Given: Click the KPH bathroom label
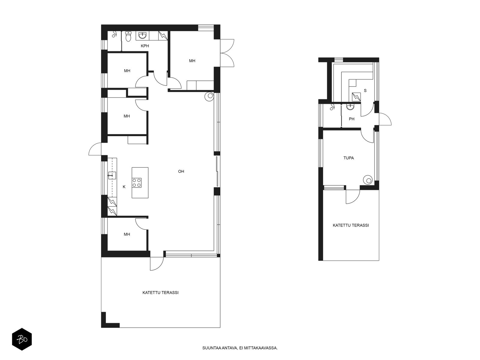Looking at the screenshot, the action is [145, 46].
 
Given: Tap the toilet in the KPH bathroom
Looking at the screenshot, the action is [128, 37].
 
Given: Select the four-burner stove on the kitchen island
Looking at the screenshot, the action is [136, 183].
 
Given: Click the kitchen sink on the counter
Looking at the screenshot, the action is [112, 175].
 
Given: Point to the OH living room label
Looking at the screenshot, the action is [181, 171].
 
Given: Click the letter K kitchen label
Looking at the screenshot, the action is [124, 187].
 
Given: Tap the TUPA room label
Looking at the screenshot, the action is [349, 158].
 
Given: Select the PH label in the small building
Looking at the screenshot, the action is [352, 119].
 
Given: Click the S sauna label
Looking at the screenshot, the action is [365, 91].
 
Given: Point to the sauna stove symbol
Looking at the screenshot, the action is [356, 97].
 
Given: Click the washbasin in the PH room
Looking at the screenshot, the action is [350, 107].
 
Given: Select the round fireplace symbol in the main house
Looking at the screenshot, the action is [209, 96].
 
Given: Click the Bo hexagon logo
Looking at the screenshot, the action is [22, 339].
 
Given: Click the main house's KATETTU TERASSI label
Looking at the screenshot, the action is [160, 292].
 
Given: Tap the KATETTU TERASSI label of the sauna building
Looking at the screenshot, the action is [351, 225].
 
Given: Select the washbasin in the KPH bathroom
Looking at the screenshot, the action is [142, 36].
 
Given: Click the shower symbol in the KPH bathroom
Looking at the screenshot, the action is [114, 34].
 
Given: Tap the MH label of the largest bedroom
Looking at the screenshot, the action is [192, 61].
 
